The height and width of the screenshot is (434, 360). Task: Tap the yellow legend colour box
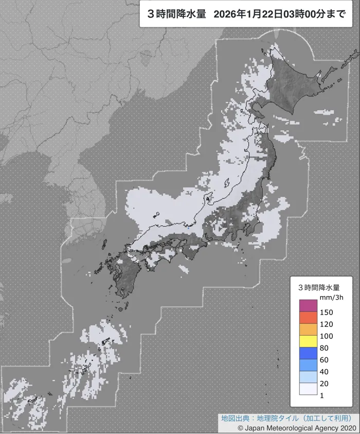308,341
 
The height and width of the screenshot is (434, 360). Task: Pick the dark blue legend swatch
308,353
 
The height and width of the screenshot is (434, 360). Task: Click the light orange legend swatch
308,329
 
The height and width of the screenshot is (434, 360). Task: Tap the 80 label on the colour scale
323,348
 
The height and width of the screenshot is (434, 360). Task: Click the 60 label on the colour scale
323,360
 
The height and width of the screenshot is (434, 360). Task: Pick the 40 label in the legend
323,372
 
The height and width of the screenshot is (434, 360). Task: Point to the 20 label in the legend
323,384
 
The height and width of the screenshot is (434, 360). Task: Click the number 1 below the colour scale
321,395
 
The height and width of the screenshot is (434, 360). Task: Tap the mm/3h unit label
327,298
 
